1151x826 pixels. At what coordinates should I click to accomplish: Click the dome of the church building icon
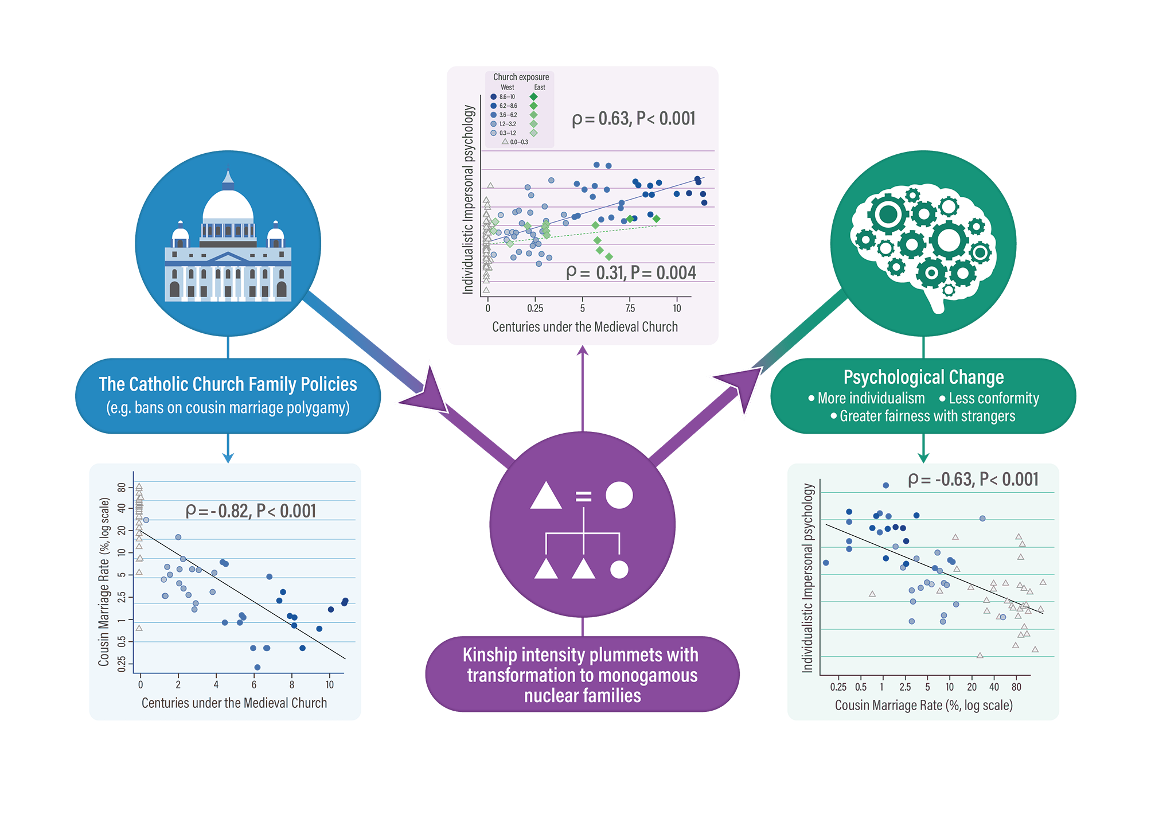click(228, 205)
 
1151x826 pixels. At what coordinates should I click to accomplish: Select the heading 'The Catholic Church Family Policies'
click(228, 384)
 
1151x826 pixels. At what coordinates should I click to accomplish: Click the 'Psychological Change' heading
click(923, 377)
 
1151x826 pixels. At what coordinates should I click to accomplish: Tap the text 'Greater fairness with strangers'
click(927, 416)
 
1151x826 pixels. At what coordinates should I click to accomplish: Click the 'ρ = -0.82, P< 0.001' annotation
click(251, 511)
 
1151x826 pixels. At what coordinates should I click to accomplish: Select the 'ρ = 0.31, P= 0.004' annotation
click(631, 273)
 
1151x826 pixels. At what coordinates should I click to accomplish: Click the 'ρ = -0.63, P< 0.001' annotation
click(973, 480)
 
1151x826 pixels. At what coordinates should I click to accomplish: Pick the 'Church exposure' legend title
click(521, 77)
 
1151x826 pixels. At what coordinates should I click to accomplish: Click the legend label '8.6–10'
click(507, 97)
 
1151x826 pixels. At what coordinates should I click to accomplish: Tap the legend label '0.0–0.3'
click(519, 142)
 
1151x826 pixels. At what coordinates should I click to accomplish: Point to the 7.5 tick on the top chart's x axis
click(630, 309)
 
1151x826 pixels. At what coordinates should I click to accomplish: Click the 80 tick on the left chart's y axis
click(121, 488)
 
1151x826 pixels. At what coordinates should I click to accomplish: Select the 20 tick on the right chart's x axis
click(971, 687)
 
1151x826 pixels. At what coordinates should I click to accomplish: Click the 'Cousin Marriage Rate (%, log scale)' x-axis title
click(923, 706)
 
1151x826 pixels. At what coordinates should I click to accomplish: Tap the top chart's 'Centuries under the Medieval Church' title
click(584, 327)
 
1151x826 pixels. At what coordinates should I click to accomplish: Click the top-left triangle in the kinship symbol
click(545, 497)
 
